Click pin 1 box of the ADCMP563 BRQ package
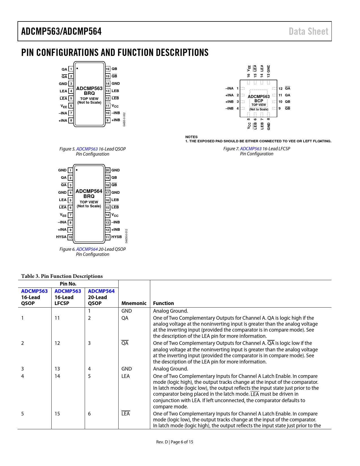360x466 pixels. coord(71,69)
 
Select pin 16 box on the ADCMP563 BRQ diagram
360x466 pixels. coord(108,69)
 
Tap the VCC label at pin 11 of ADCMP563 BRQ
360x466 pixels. coord(115,106)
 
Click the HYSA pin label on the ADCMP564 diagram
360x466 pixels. coord(61,237)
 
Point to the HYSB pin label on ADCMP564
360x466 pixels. coord(117,237)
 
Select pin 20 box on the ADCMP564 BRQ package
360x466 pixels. coord(107,170)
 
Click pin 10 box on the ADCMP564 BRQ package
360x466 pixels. coord(71,237)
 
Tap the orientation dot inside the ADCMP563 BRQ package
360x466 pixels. coord(77,68)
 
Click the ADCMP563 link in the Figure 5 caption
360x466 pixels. coord(87,149)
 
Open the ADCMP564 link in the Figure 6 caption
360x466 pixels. coord(87,249)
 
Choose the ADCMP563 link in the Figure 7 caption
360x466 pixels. coord(251,149)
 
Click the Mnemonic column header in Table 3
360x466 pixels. coord(134,303)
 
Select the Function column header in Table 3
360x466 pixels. coord(163,303)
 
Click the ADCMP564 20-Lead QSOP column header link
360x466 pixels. coord(101,291)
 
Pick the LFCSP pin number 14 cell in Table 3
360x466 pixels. coord(57,376)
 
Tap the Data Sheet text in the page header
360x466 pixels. coord(308,31)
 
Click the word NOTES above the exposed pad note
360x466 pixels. coord(191,137)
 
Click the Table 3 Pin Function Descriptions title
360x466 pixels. coord(62,276)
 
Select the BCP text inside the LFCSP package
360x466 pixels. coord(259,101)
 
